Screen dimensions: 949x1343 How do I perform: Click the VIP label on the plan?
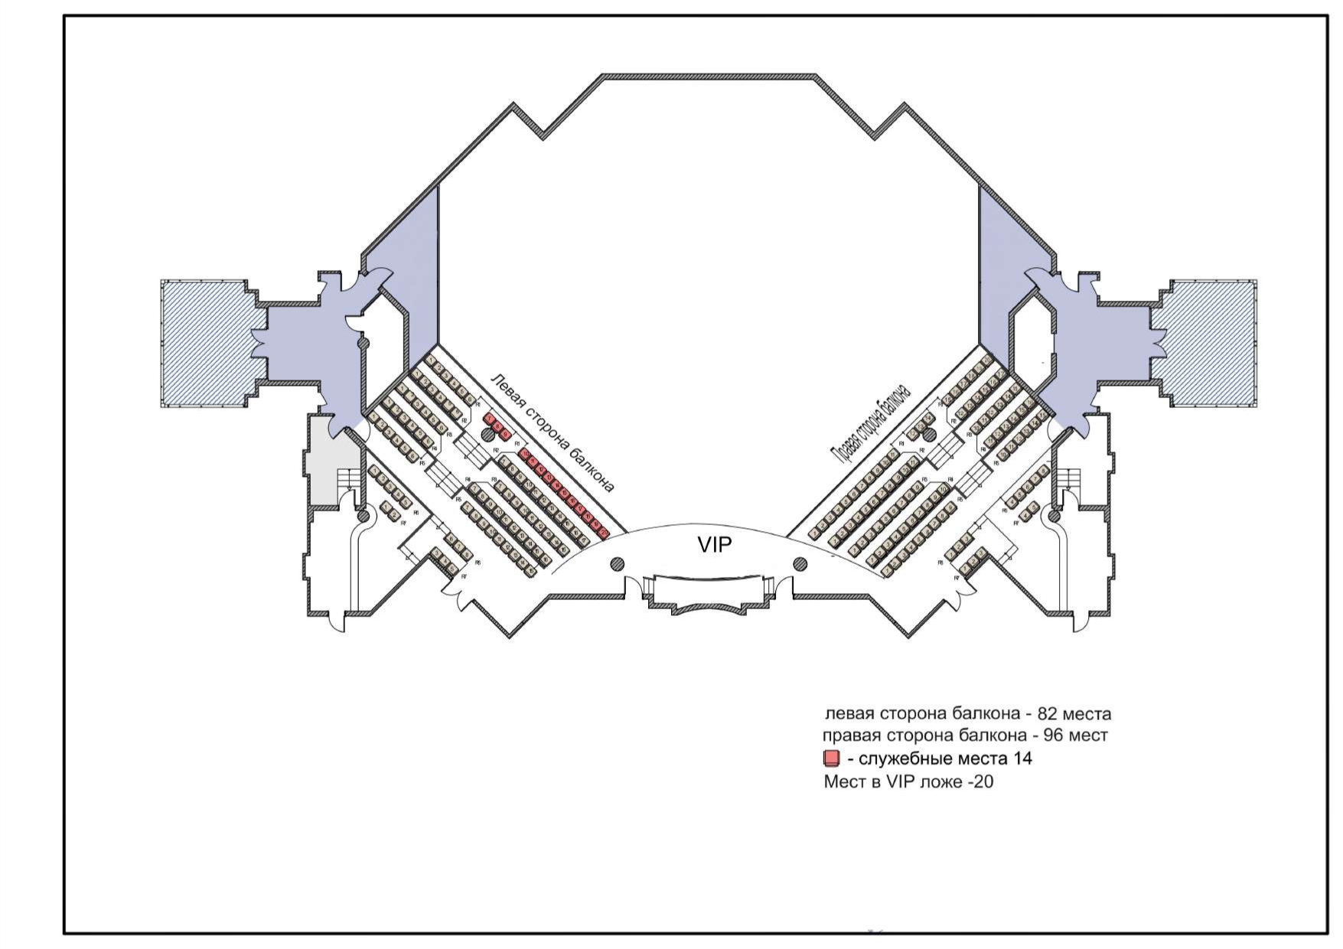[x=714, y=545]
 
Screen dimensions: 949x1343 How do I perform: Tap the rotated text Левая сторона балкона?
[x=553, y=433]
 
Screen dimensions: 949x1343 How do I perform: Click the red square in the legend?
[x=831, y=759]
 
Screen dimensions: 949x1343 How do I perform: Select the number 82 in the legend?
[x=1046, y=714]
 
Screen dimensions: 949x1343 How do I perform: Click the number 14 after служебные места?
[x=1022, y=758]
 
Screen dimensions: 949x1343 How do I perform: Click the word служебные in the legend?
[x=900, y=759]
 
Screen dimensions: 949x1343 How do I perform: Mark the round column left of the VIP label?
[x=617, y=565]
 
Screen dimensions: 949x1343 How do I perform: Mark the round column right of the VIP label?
[x=800, y=565]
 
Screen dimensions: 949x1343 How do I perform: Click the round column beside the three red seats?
[x=487, y=435]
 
